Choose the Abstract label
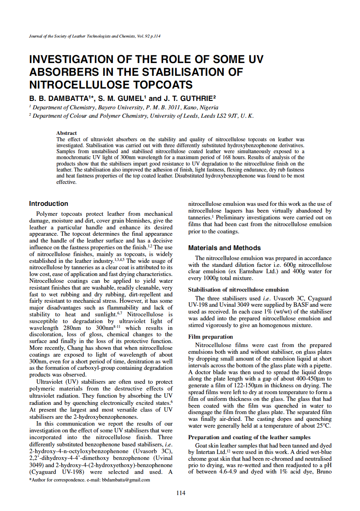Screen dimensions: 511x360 (67, 133)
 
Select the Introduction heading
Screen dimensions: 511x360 (49, 204)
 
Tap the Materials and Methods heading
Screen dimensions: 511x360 (224, 248)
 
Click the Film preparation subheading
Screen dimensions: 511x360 (210, 337)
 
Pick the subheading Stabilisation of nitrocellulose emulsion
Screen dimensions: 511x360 (238, 290)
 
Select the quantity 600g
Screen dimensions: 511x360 (277, 265)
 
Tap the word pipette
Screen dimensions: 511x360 (321, 366)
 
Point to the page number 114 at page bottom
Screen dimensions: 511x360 (180, 493)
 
